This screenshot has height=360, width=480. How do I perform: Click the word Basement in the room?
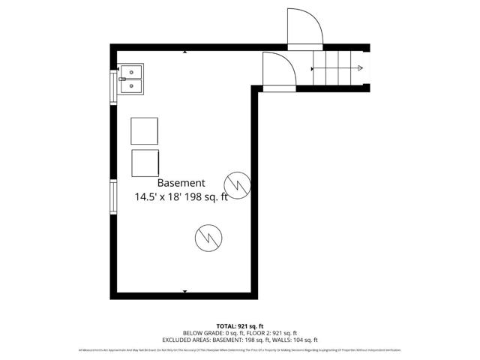[181, 183]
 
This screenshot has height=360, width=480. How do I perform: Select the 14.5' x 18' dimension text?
[160, 197]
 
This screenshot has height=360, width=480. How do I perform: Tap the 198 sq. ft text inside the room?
[207, 197]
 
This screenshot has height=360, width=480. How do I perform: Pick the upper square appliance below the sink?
[145, 131]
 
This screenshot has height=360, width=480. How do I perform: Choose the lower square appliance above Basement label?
[145, 163]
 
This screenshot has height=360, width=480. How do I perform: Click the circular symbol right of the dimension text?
[238, 183]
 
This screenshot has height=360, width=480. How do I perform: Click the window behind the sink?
[114, 84]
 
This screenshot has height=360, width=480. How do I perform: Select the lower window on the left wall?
[113, 197]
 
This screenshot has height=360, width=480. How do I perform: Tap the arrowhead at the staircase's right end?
[361, 69]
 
